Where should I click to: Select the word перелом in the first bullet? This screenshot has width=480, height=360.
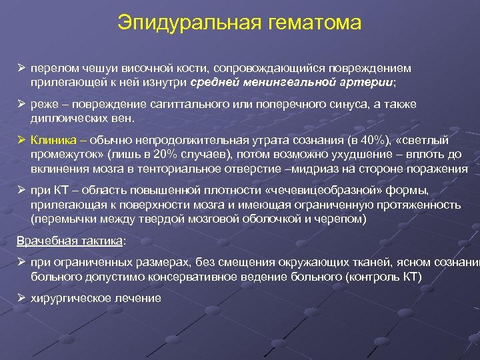click(53, 69)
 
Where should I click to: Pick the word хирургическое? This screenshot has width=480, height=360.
click(70, 298)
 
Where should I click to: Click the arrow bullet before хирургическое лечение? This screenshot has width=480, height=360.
click(21, 297)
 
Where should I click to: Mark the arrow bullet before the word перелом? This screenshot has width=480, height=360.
click(21, 69)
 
